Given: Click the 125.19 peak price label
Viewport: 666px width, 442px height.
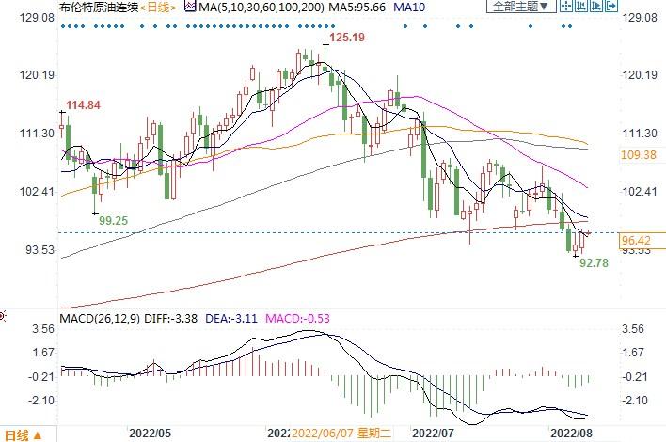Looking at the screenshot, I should [x=344, y=37].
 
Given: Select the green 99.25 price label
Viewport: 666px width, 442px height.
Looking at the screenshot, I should [x=113, y=219].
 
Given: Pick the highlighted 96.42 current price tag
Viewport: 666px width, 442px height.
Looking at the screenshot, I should [x=639, y=241].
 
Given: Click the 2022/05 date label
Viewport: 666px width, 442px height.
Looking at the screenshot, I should [x=152, y=434].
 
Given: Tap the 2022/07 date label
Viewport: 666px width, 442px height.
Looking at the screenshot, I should [x=438, y=434].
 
